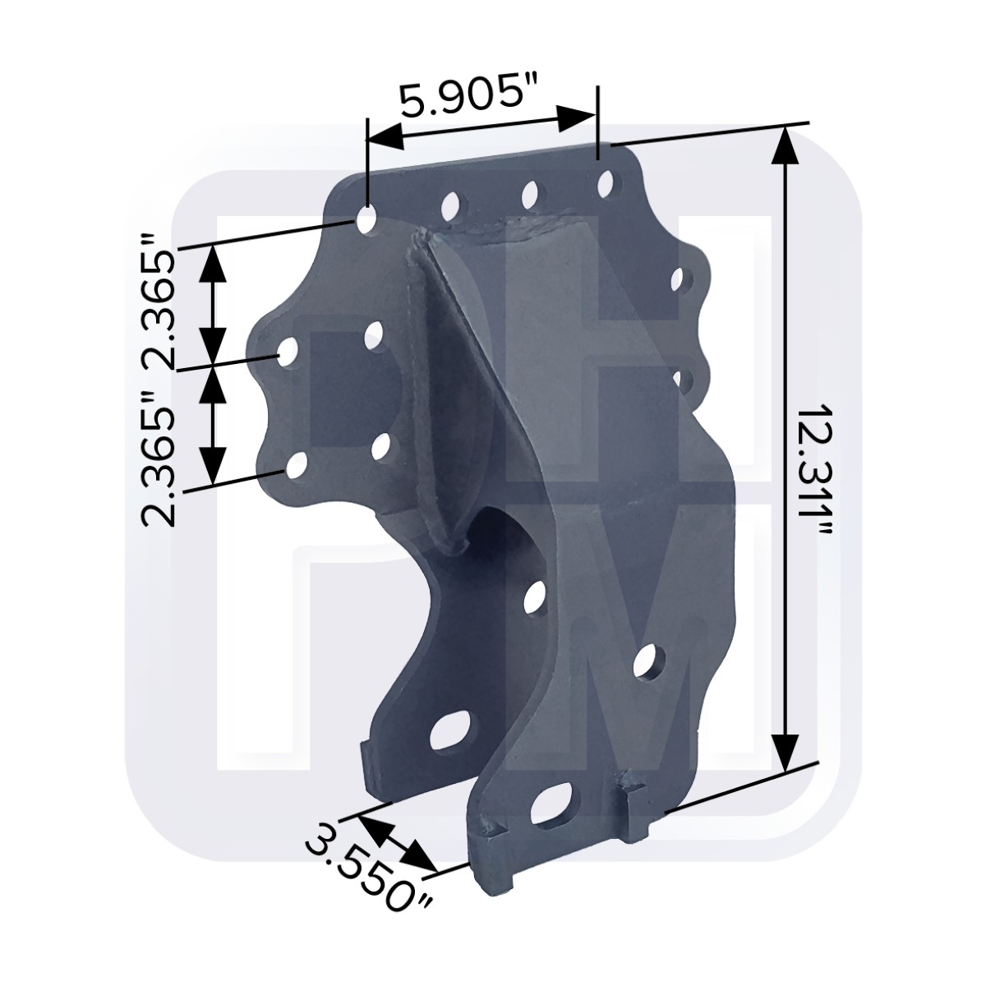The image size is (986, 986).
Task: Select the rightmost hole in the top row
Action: [607, 182]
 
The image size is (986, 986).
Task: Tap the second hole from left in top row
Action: [450, 205]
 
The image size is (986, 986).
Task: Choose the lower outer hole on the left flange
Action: [296, 467]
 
